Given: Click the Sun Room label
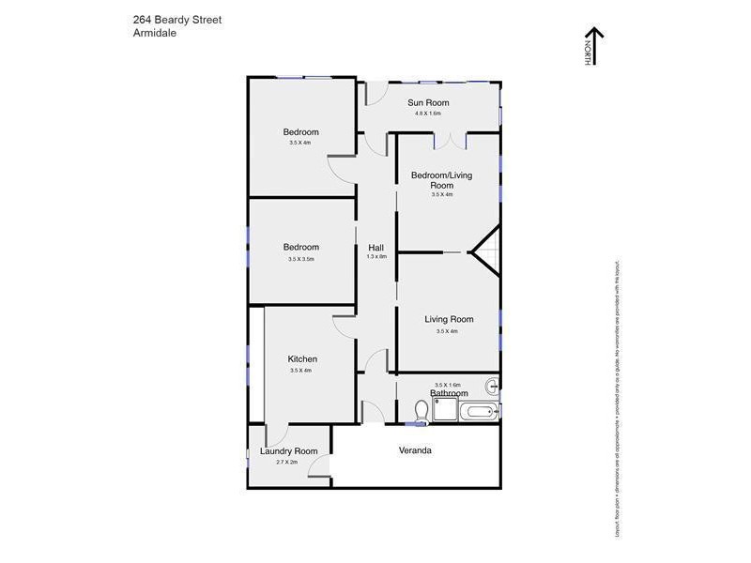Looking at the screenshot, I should [428, 102].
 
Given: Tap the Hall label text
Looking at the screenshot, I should [375, 247].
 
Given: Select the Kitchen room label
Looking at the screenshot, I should [301, 358].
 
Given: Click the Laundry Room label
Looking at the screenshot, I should [288, 451].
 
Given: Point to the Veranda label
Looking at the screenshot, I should [415, 450].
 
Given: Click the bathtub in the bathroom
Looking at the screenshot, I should [478, 411].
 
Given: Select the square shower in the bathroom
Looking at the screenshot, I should [445, 409].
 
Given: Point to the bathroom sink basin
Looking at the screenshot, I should [493, 385].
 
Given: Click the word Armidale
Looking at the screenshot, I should [156, 32].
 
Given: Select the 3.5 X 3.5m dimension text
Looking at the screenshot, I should [300, 259].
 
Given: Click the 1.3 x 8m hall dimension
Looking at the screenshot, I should [375, 256].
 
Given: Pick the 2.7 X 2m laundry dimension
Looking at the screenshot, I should [288, 463].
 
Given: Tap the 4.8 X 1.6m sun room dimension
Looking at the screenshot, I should [428, 114].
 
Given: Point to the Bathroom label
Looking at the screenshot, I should [449, 393].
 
